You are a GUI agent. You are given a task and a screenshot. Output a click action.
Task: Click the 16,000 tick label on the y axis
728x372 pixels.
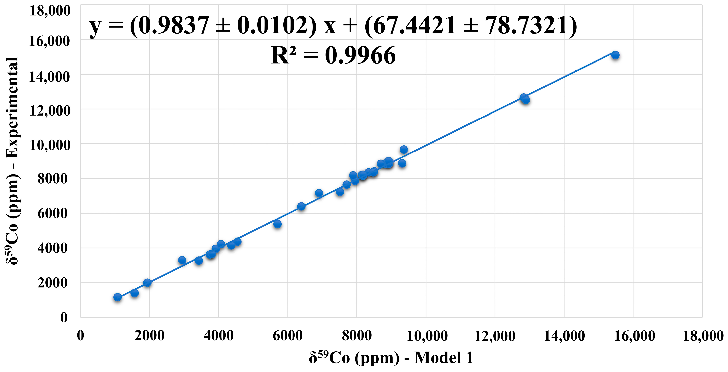pos(49,41)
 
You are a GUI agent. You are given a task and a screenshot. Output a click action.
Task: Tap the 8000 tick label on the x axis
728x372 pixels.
pos(357,336)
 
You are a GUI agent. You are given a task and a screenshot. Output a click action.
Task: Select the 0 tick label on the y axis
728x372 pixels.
pos(64,317)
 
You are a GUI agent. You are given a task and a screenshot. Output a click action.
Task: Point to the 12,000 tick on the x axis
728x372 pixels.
pos(495,336)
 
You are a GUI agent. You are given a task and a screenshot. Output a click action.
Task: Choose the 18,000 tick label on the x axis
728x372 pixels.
pos(703,336)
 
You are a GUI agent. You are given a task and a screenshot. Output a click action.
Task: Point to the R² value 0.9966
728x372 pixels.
pos(360,56)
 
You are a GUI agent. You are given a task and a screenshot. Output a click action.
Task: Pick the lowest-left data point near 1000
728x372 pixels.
pos(118,297)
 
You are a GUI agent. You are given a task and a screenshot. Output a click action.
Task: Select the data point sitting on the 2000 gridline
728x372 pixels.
pos(147,282)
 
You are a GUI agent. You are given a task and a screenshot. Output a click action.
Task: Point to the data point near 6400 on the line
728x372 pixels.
pos(301,206)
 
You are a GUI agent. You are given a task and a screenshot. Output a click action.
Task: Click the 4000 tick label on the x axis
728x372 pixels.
pos(218,336)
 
